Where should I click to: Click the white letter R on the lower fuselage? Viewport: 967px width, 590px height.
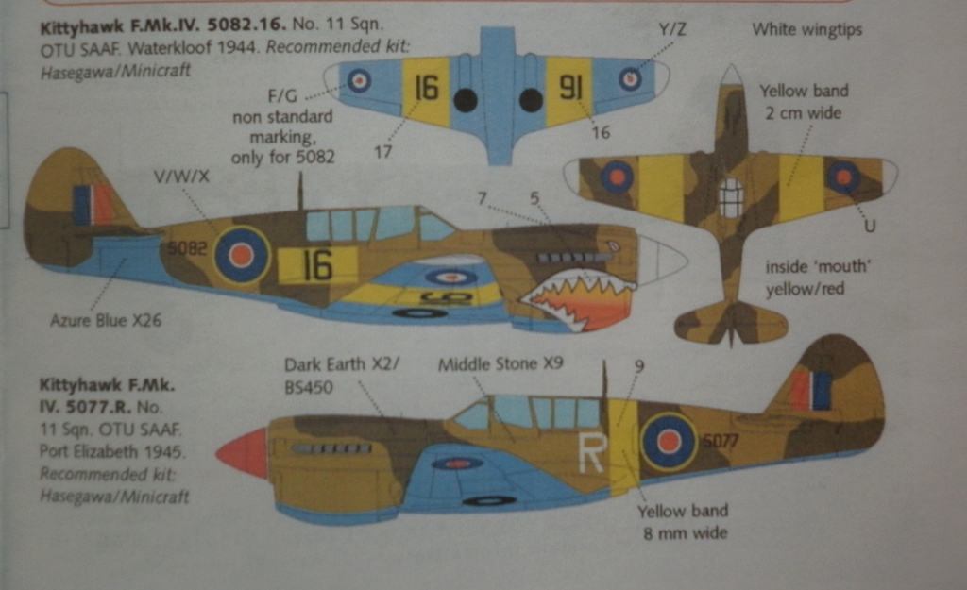591,452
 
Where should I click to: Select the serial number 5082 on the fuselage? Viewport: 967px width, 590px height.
187,249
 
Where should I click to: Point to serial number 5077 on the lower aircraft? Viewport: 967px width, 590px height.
721,440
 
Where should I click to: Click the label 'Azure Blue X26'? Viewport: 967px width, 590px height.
106,320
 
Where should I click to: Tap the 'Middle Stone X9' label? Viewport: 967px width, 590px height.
500,362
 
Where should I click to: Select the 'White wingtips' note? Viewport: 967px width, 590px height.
806,30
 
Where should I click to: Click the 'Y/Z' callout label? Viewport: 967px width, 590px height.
672,30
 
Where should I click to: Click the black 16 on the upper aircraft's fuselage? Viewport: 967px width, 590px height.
317,265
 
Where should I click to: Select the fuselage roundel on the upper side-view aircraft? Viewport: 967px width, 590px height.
242,254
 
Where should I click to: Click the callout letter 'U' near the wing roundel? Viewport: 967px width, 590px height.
869,227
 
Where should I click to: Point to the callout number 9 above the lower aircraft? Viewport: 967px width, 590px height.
638,365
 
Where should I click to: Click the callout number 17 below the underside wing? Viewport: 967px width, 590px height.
383,151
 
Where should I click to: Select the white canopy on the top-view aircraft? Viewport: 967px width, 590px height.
731,198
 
